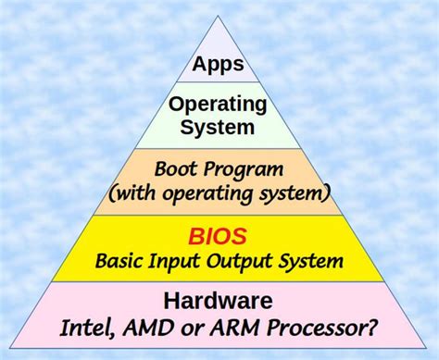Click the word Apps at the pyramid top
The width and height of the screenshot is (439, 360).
click(218, 65)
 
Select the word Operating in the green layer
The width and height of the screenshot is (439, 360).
click(218, 103)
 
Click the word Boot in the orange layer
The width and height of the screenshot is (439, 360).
click(174, 169)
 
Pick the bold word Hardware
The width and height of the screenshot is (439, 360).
click(218, 301)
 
